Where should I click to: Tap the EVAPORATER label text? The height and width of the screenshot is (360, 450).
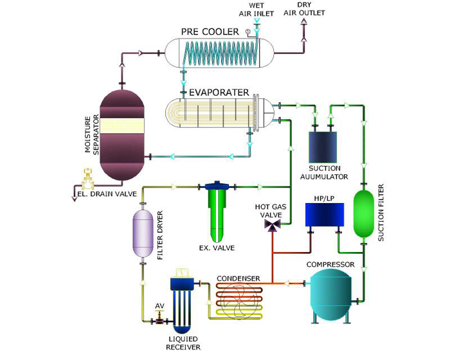pyautogui.click(x=219, y=92)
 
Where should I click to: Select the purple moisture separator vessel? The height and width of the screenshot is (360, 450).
pyautogui.click(x=120, y=134)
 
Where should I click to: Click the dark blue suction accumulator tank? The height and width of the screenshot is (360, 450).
pyautogui.click(x=324, y=147)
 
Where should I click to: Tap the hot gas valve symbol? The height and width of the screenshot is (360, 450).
pyautogui.click(x=273, y=226)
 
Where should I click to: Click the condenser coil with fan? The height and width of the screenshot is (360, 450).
pyautogui.click(x=239, y=302)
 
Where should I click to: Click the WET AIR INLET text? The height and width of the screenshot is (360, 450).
pyautogui.click(x=257, y=9)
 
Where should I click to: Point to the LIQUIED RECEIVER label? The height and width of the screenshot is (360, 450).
pyautogui.click(x=183, y=343)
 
